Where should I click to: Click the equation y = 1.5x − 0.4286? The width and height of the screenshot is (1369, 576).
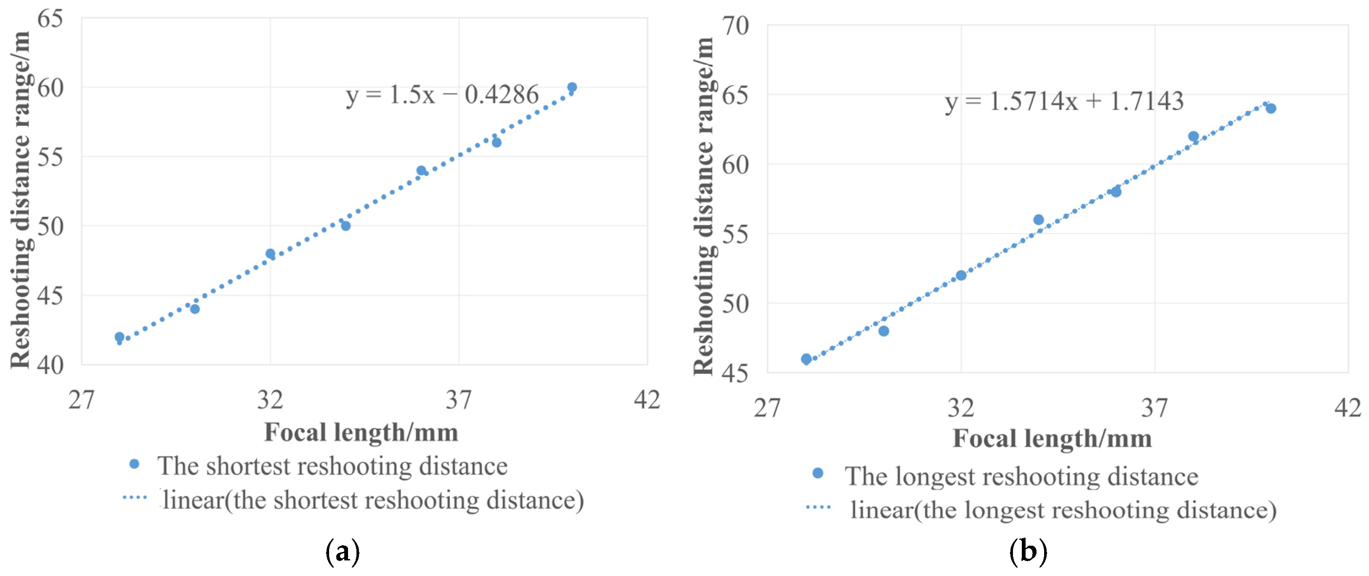coord(442,95)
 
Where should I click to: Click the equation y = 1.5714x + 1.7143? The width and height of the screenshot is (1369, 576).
coord(1064,101)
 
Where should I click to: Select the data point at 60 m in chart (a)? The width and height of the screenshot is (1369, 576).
coord(572,87)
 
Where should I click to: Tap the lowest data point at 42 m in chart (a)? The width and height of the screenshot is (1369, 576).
coord(120,337)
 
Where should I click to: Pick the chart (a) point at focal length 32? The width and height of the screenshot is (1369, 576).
coord(270,254)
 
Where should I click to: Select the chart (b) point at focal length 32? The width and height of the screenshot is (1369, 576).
coord(961,275)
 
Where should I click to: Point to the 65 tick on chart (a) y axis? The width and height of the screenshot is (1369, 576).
coord(50,19)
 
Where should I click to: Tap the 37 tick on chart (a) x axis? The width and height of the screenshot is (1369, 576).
coord(458,400)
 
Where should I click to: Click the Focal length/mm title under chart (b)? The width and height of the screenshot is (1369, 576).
coord(1052,439)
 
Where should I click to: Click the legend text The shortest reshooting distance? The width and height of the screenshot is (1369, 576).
coord(332,466)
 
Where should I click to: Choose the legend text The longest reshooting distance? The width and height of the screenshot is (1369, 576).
coord(1021,476)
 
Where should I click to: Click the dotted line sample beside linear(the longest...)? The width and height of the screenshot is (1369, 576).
coord(819,507)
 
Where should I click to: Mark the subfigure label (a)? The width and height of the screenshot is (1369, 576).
coord(342,552)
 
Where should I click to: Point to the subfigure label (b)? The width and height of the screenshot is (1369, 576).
coord(1028,552)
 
